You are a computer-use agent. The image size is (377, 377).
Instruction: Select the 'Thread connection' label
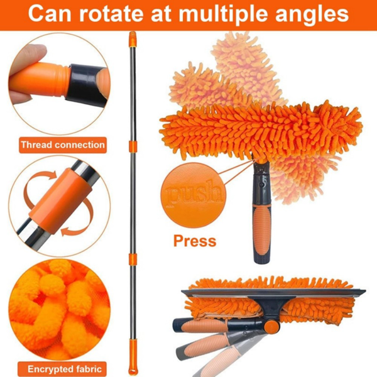tap(63, 145)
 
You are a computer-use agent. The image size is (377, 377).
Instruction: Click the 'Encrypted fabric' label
tap(65, 369)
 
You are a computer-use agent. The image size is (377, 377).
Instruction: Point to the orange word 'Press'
tap(195, 241)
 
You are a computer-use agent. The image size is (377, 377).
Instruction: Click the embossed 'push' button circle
tap(194, 195)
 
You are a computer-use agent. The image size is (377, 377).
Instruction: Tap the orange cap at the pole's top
tap(133, 39)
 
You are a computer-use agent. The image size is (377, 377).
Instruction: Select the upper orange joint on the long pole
tap(133, 146)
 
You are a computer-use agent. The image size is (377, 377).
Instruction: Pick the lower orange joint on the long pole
tap(133, 259)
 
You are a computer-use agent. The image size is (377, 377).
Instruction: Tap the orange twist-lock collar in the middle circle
tap(60, 201)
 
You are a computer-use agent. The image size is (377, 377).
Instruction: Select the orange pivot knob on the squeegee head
tap(271, 325)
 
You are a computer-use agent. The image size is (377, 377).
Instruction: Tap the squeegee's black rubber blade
tap(273, 292)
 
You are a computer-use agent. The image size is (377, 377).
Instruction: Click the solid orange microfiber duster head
tap(260, 130)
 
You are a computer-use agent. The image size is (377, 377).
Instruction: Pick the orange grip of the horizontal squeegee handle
tap(204, 325)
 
